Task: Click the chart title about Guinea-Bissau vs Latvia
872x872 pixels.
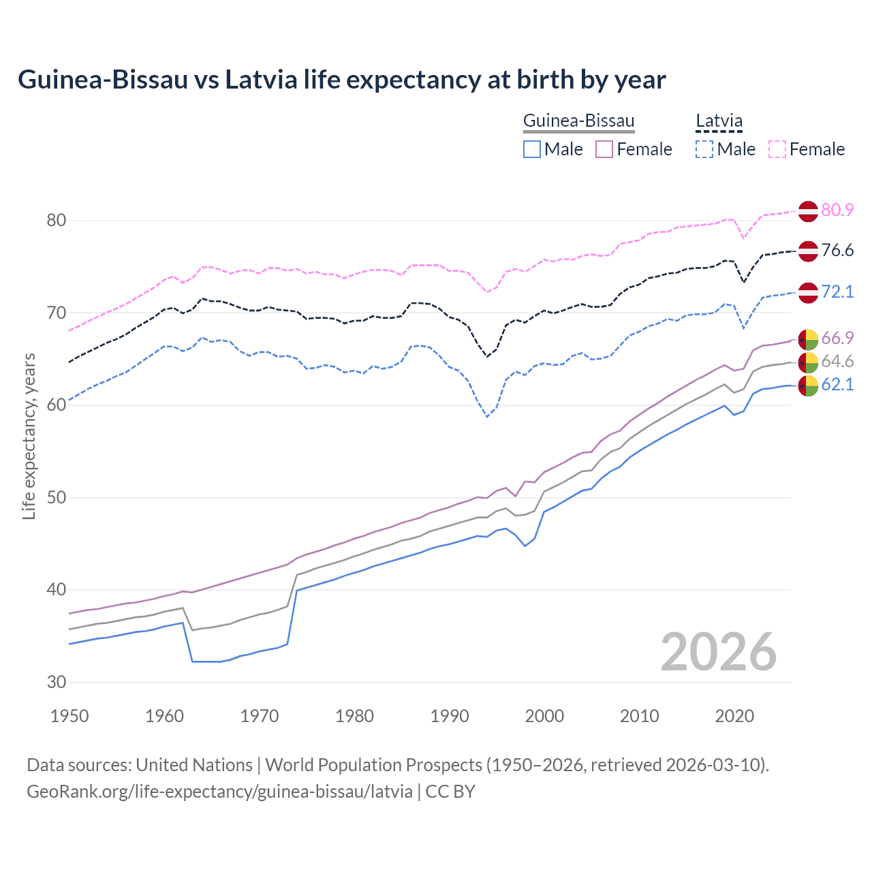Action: [x=341, y=80]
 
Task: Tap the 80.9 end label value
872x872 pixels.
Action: [x=837, y=210]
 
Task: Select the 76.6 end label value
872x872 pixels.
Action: [x=837, y=250]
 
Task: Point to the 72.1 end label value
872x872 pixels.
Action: [x=837, y=292]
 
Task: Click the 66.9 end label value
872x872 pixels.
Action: [x=837, y=338]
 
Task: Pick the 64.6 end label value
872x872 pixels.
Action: [x=837, y=361]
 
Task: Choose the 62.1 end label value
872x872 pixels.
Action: [x=837, y=384]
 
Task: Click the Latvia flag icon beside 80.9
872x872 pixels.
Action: [x=808, y=211]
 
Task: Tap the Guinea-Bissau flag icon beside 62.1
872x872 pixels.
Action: [x=808, y=386]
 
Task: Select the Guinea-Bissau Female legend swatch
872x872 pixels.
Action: [x=604, y=149]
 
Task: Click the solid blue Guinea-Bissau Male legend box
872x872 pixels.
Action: [x=532, y=149]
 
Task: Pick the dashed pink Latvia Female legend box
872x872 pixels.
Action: [x=777, y=149]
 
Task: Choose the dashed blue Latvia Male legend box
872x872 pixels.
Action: [x=704, y=149]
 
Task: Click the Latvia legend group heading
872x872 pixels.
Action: [x=719, y=121]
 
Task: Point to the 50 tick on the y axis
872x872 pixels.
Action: [x=57, y=497]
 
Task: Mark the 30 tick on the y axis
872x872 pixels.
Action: [x=57, y=682]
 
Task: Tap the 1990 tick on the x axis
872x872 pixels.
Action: [x=450, y=716]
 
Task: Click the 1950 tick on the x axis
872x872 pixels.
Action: [x=70, y=716]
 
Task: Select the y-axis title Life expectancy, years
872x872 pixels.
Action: [x=29, y=436]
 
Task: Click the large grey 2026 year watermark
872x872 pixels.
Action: [x=718, y=652]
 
